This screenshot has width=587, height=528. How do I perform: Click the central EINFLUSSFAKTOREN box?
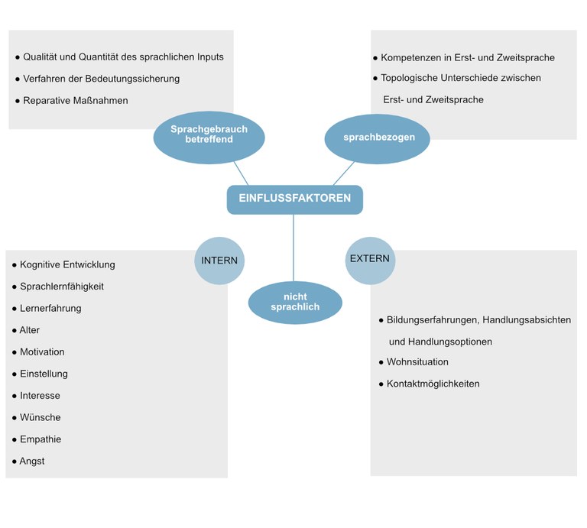pos(294,199)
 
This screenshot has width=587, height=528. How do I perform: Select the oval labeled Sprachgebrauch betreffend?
pos(209,135)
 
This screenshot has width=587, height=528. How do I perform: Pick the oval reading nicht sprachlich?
pos(294,302)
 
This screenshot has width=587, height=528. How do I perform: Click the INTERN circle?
pos(219,261)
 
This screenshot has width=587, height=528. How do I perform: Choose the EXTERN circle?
pos(370,259)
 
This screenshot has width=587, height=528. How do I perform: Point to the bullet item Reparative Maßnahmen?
pos(75,100)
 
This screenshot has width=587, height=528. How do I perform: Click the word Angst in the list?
pos(32,462)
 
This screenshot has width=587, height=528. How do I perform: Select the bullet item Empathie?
pos(41,439)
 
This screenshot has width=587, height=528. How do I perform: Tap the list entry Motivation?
pos(42,352)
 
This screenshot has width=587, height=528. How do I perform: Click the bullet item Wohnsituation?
pos(417,361)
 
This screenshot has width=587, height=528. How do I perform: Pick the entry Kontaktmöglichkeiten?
pos(433,384)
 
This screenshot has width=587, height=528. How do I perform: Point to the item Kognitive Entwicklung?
pos(67,264)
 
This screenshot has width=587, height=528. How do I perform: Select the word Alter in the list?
pos(30,330)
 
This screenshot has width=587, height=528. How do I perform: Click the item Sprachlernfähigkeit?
pos(62,287)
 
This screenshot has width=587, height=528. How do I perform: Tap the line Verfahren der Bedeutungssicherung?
pos(101,79)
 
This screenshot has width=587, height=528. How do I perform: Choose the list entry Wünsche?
pos(40,417)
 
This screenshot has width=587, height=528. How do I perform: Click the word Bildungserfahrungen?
pos(432,320)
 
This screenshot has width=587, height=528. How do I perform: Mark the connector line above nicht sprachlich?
pos(293,248)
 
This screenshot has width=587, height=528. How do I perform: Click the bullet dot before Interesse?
pos(14,396)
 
